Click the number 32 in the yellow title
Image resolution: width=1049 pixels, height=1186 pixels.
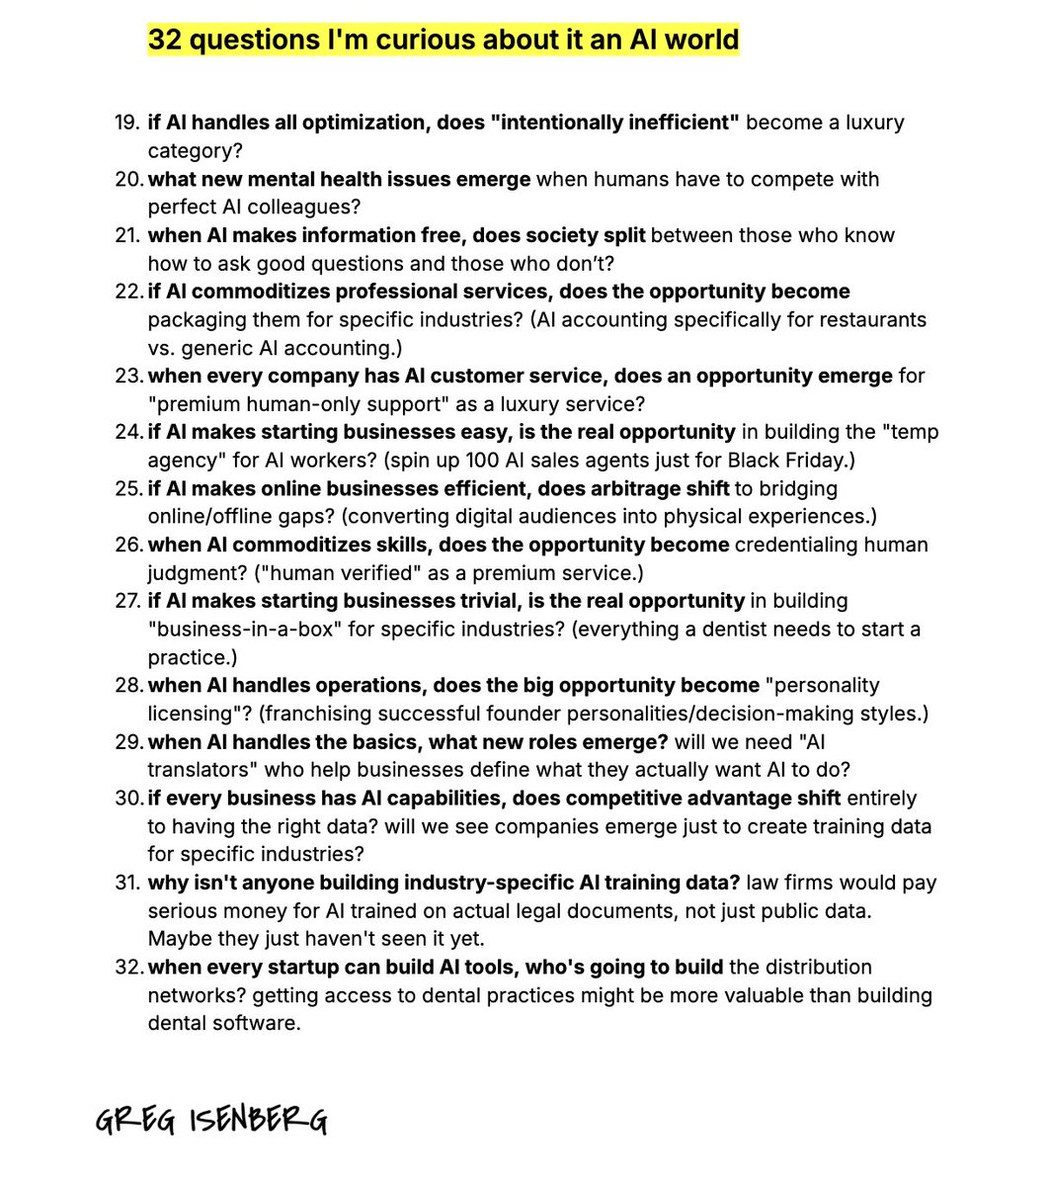pos(165,40)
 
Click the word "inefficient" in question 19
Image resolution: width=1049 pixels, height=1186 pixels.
pos(677,123)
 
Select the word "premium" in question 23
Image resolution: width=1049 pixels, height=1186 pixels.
pos(192,404)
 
